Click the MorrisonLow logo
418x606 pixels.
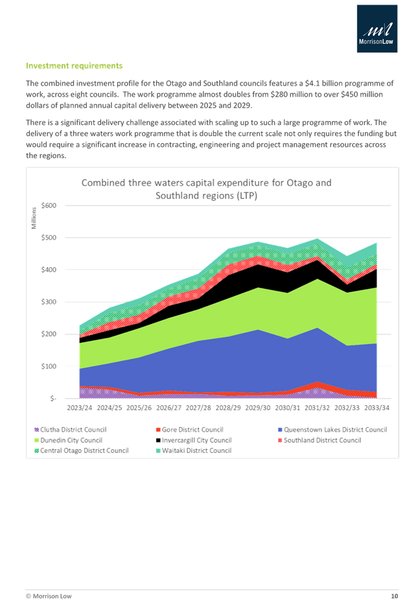pyautogui.click(x=378, y=29)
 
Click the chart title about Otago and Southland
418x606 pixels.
pyautogui.click(x=206, y=189)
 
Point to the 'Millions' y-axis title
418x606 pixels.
pyautogui.click(x=34, y=218)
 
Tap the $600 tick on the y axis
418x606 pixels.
pyautogui.click(x=49, y=205)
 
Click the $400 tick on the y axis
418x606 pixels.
pyautogui.click(x=49, y=270)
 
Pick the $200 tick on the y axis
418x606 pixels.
pyautogui.click(x=49, y=334)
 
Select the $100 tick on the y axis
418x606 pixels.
pyautogui.click(x=49, y=366)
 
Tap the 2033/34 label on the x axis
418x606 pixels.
pyautogui.click(x=377, y=409)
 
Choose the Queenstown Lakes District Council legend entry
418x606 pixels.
pyautogui.click(x=332, y=430)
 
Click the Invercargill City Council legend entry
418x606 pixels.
pyautogui.click(x=194, y=440)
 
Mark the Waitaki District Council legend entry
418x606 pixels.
pyautogui.click(x=194, y=450)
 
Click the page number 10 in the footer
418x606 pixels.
pyautogui.click(x=393, y=595)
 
